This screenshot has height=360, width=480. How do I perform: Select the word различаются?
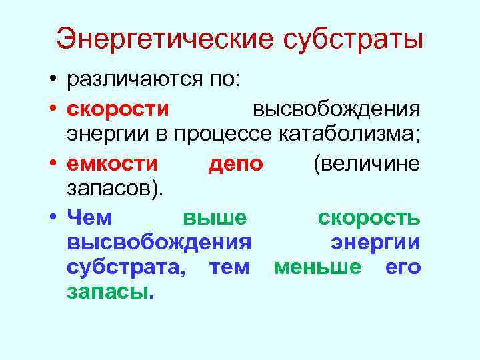(x=133, y=81)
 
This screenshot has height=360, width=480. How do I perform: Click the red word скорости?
(x=117, y=108)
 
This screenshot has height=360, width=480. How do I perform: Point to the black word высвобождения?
(x=337, y=108)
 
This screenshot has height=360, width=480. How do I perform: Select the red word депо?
(x=235, y=163)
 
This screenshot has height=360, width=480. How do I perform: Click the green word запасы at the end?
(x=110, y=293)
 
